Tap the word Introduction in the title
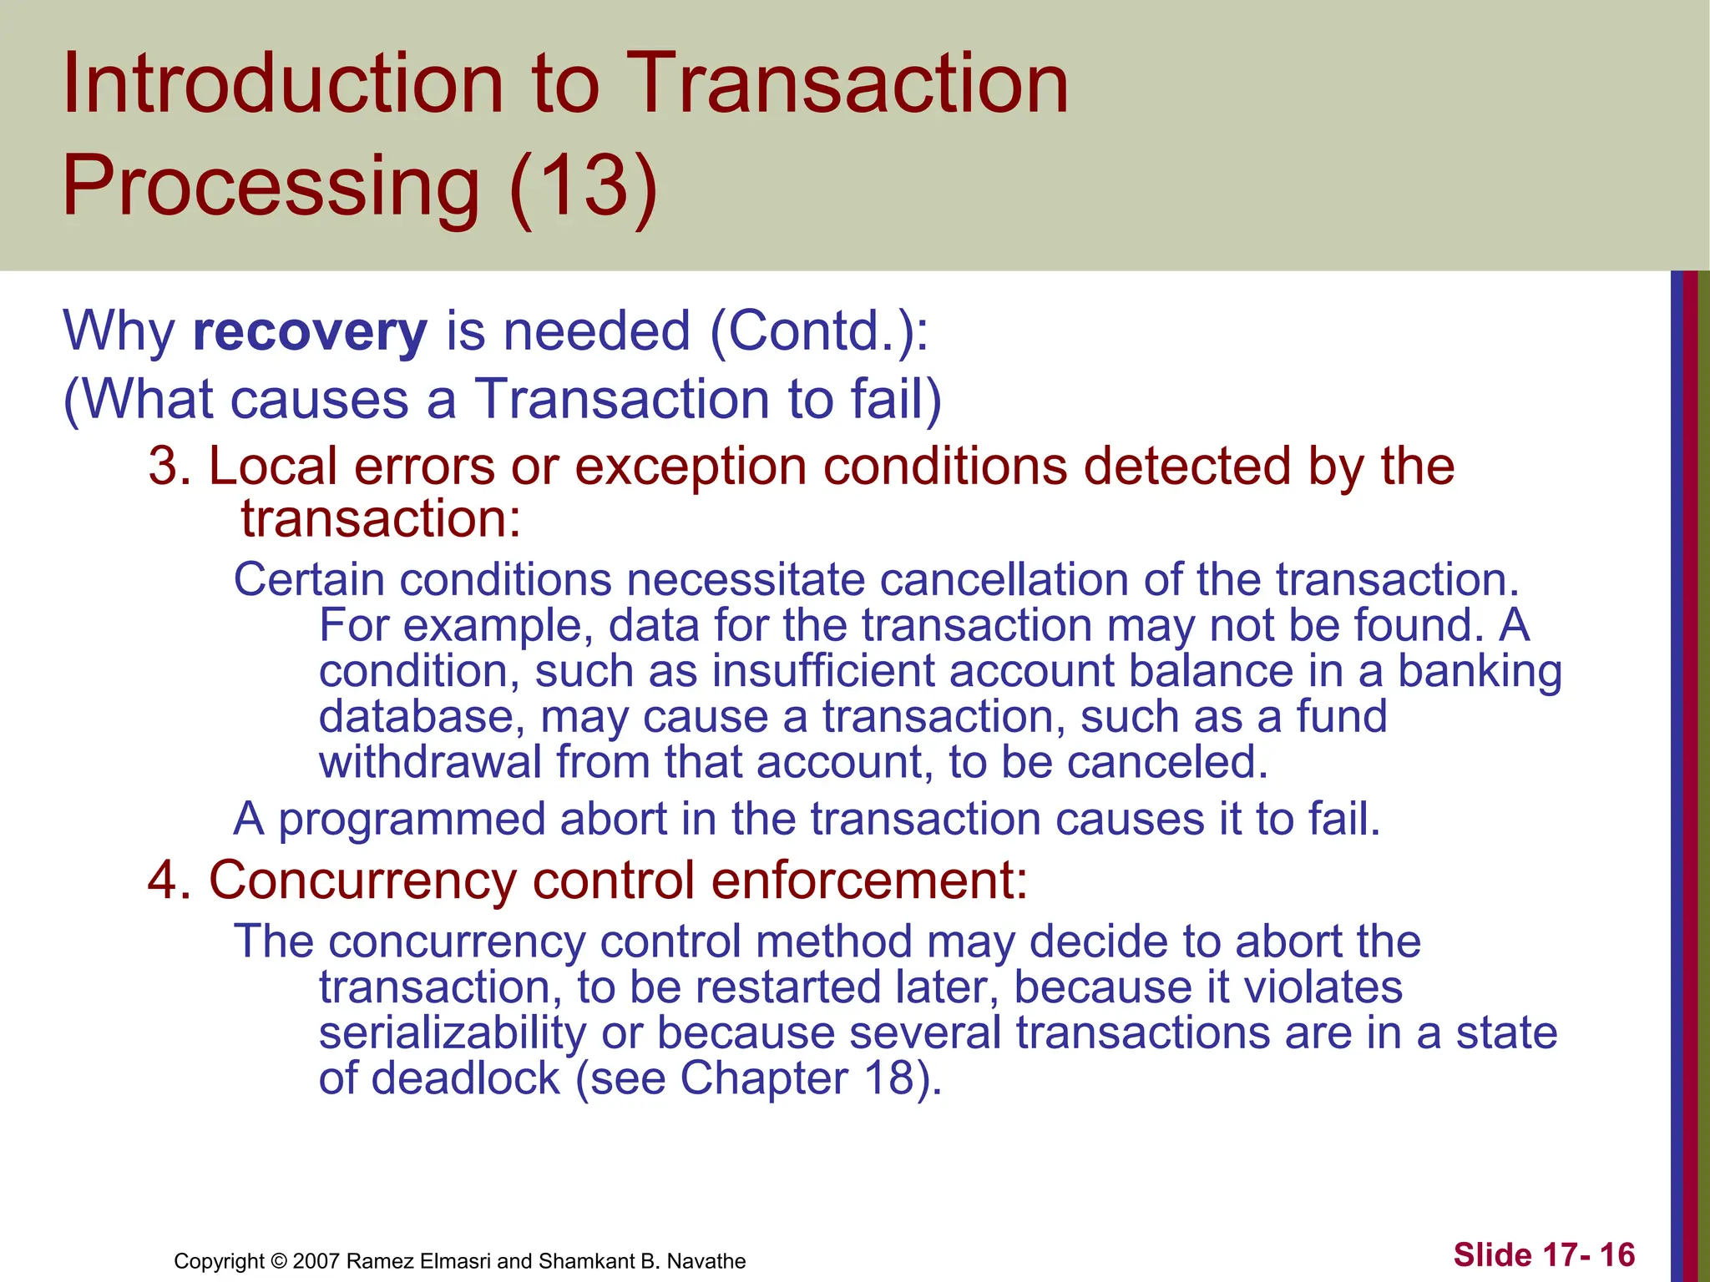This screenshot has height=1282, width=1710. click(282, 83)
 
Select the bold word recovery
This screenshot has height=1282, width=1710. click(310, 332)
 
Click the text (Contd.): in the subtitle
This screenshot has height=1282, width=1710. click(819, 331)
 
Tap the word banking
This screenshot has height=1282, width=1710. click(1479, 673)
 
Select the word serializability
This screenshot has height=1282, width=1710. click(453, 1033)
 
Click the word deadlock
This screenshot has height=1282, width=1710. click(465, 1078)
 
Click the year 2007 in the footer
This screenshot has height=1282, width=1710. click(316, 1261)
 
